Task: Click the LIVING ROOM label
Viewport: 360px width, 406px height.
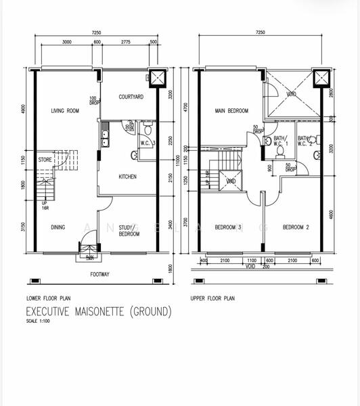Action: [x=66, y=111]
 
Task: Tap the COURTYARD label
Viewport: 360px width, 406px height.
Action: [x=131, y=97]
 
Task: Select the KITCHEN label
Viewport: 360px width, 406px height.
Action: [x=127, y=177]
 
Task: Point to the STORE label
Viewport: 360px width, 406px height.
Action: [x=45, y=160]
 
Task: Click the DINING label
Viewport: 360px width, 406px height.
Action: [x=58, y=227]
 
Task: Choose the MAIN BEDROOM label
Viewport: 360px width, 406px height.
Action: [x=231, y=111]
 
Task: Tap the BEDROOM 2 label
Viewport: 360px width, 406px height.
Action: [x=295, y=227]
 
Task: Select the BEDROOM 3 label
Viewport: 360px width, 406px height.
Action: [x=228, y=227]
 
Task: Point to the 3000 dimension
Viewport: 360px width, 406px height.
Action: [x=67, y=41]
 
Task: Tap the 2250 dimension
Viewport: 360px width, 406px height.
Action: [x=172, y=141]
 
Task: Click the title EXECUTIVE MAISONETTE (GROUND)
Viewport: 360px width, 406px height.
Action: [x=99, y=312]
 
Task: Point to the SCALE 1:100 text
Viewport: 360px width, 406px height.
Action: [x=38, y=321]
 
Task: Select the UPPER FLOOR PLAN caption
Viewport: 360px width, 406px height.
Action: [x=213, y=298]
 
